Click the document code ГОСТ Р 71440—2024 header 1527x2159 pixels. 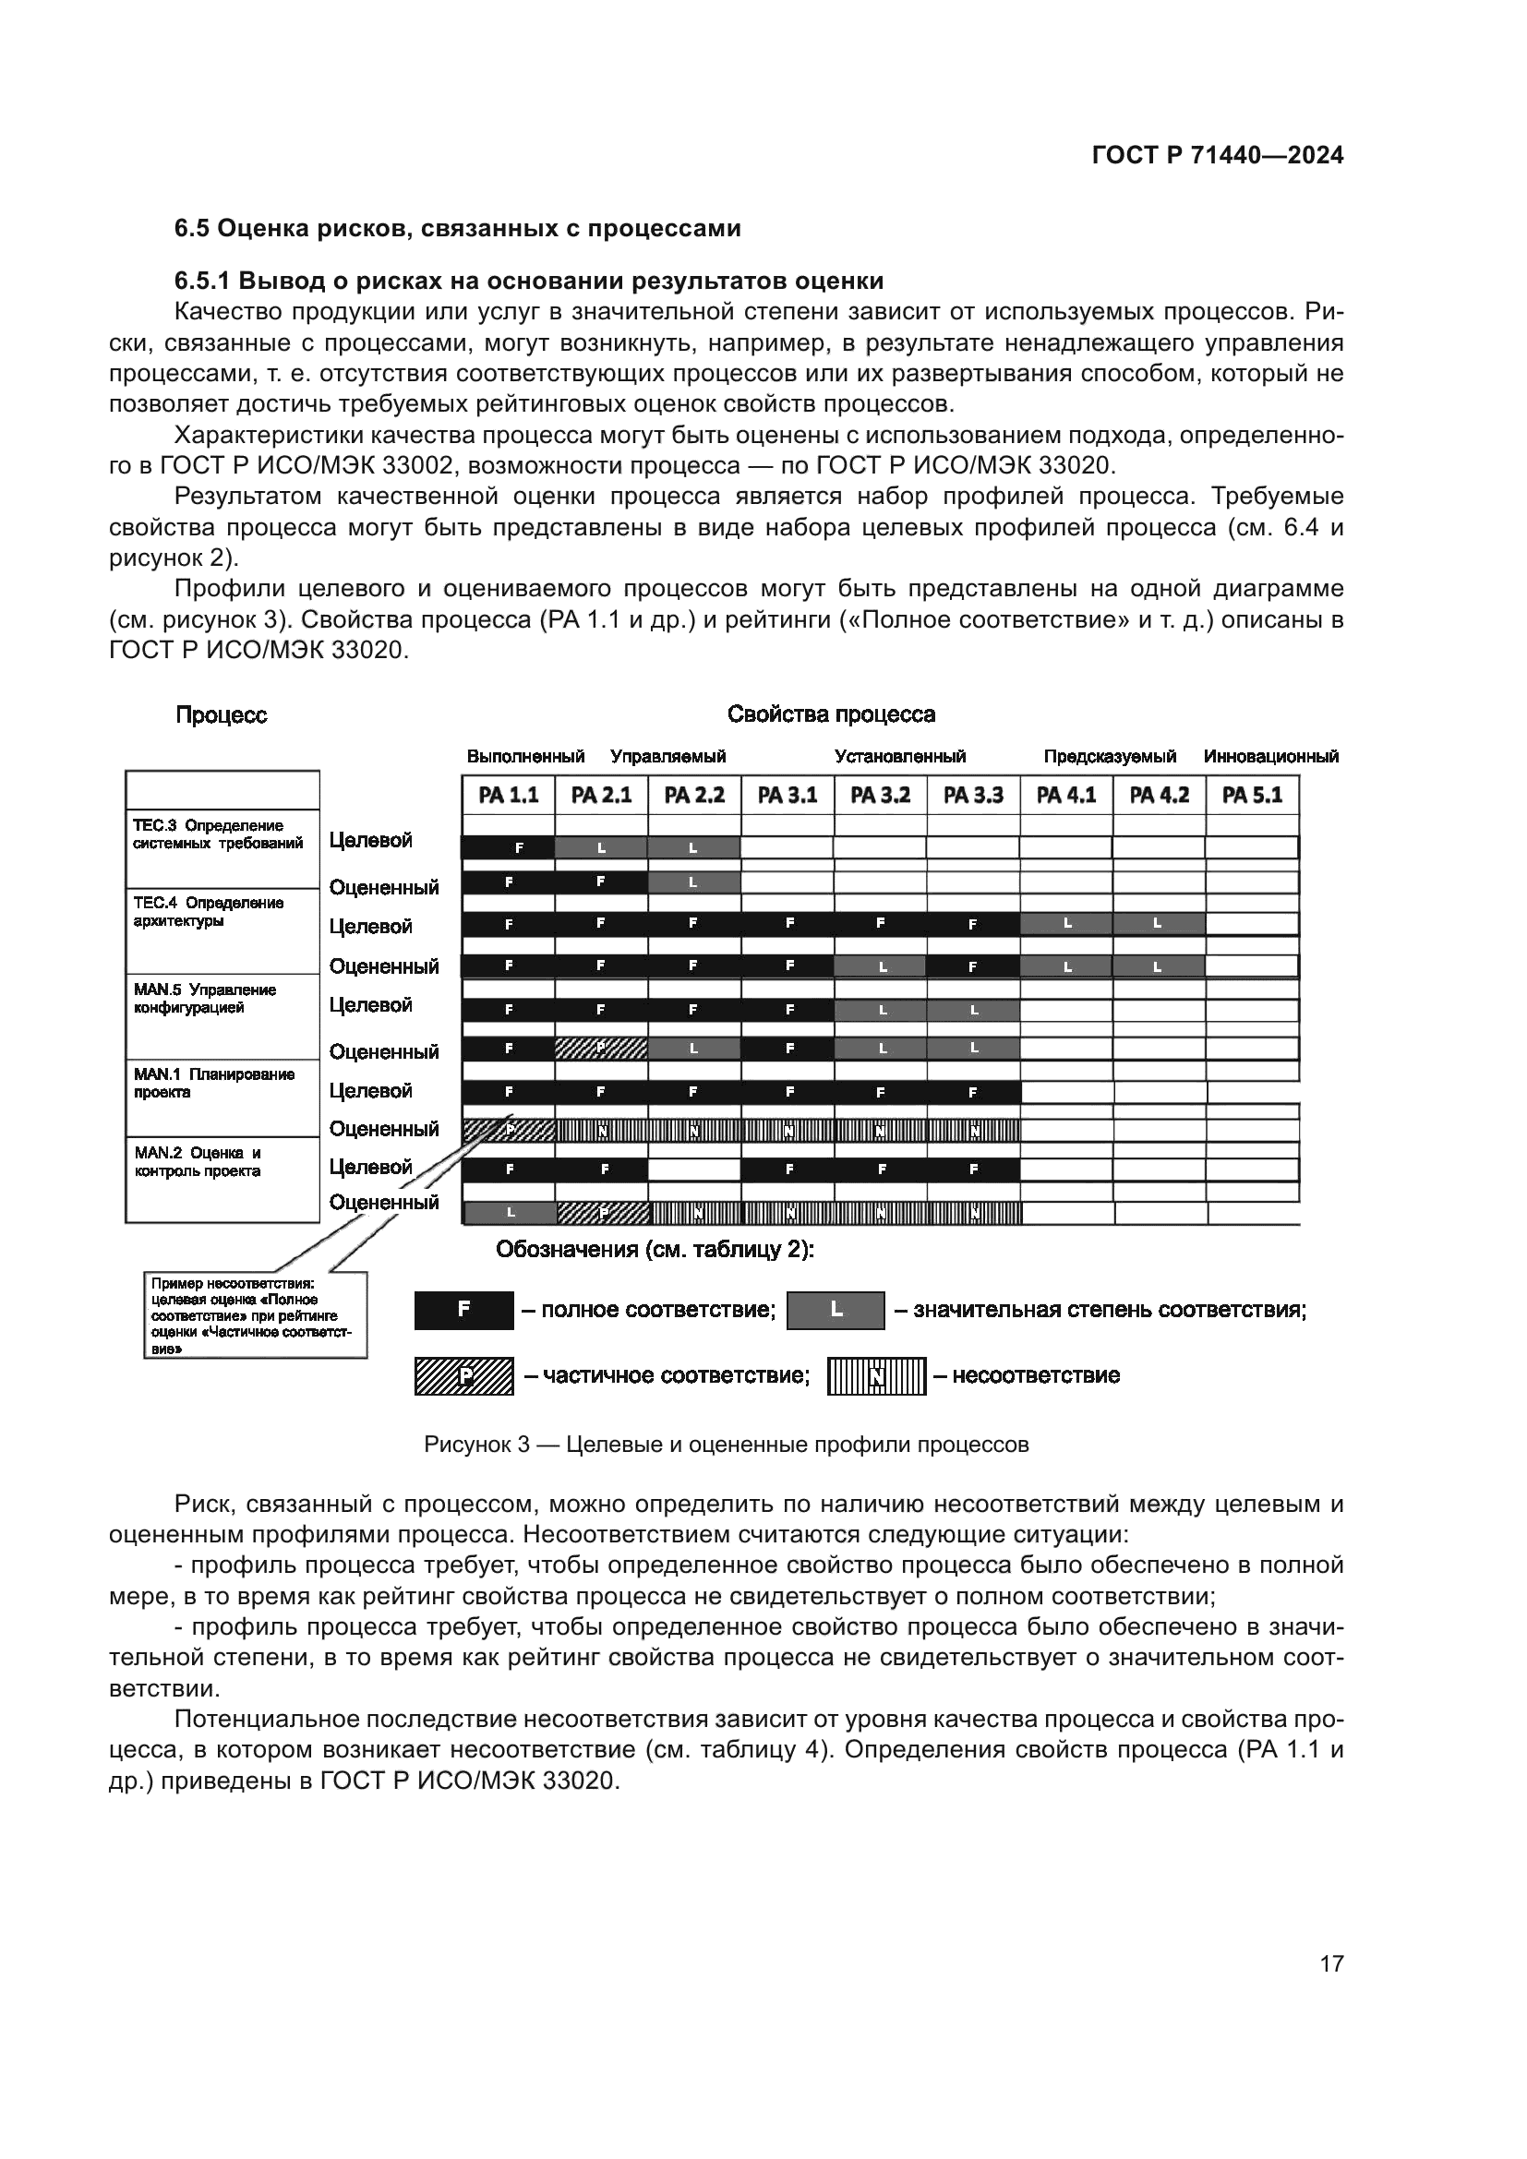click(1218, 156)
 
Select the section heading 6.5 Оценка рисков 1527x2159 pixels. click(458, 229)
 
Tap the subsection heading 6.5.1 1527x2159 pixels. click(529, 282)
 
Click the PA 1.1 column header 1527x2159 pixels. click(508, 796)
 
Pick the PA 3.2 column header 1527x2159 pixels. click(880, 796)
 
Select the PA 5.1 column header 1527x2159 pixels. click(1253, 796)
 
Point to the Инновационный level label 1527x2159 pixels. click(1270, 756)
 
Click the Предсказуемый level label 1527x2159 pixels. click(1110, 756)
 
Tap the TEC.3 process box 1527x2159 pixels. click(222, 847)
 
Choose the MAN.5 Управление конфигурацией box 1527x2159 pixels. click(222, 1015)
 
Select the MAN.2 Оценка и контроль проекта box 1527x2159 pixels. click(222, 1178)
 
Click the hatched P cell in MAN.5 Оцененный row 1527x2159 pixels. click(601, 1048)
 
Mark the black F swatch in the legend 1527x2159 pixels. click(463, 1310)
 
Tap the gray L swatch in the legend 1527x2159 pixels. click(835, 1310)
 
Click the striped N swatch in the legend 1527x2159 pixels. click(876, 1376)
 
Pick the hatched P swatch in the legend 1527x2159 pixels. click(463, 1376)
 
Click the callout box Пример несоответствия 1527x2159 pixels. click(255, 1314)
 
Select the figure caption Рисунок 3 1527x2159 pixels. click(726, 1445)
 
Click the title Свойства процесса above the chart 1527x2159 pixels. click(831, 714)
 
